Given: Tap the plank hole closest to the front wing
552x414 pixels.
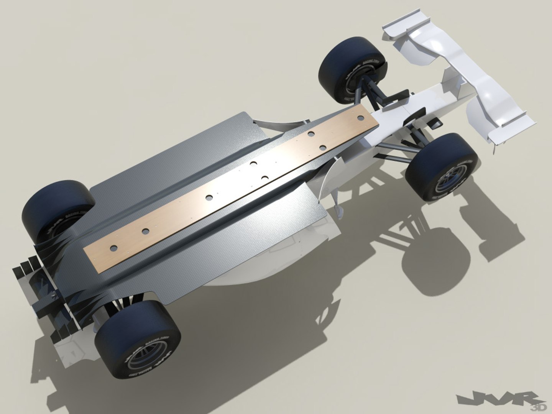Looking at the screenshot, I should [x=310, y=134].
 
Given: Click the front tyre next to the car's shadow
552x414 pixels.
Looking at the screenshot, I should [x=442, y=166].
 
